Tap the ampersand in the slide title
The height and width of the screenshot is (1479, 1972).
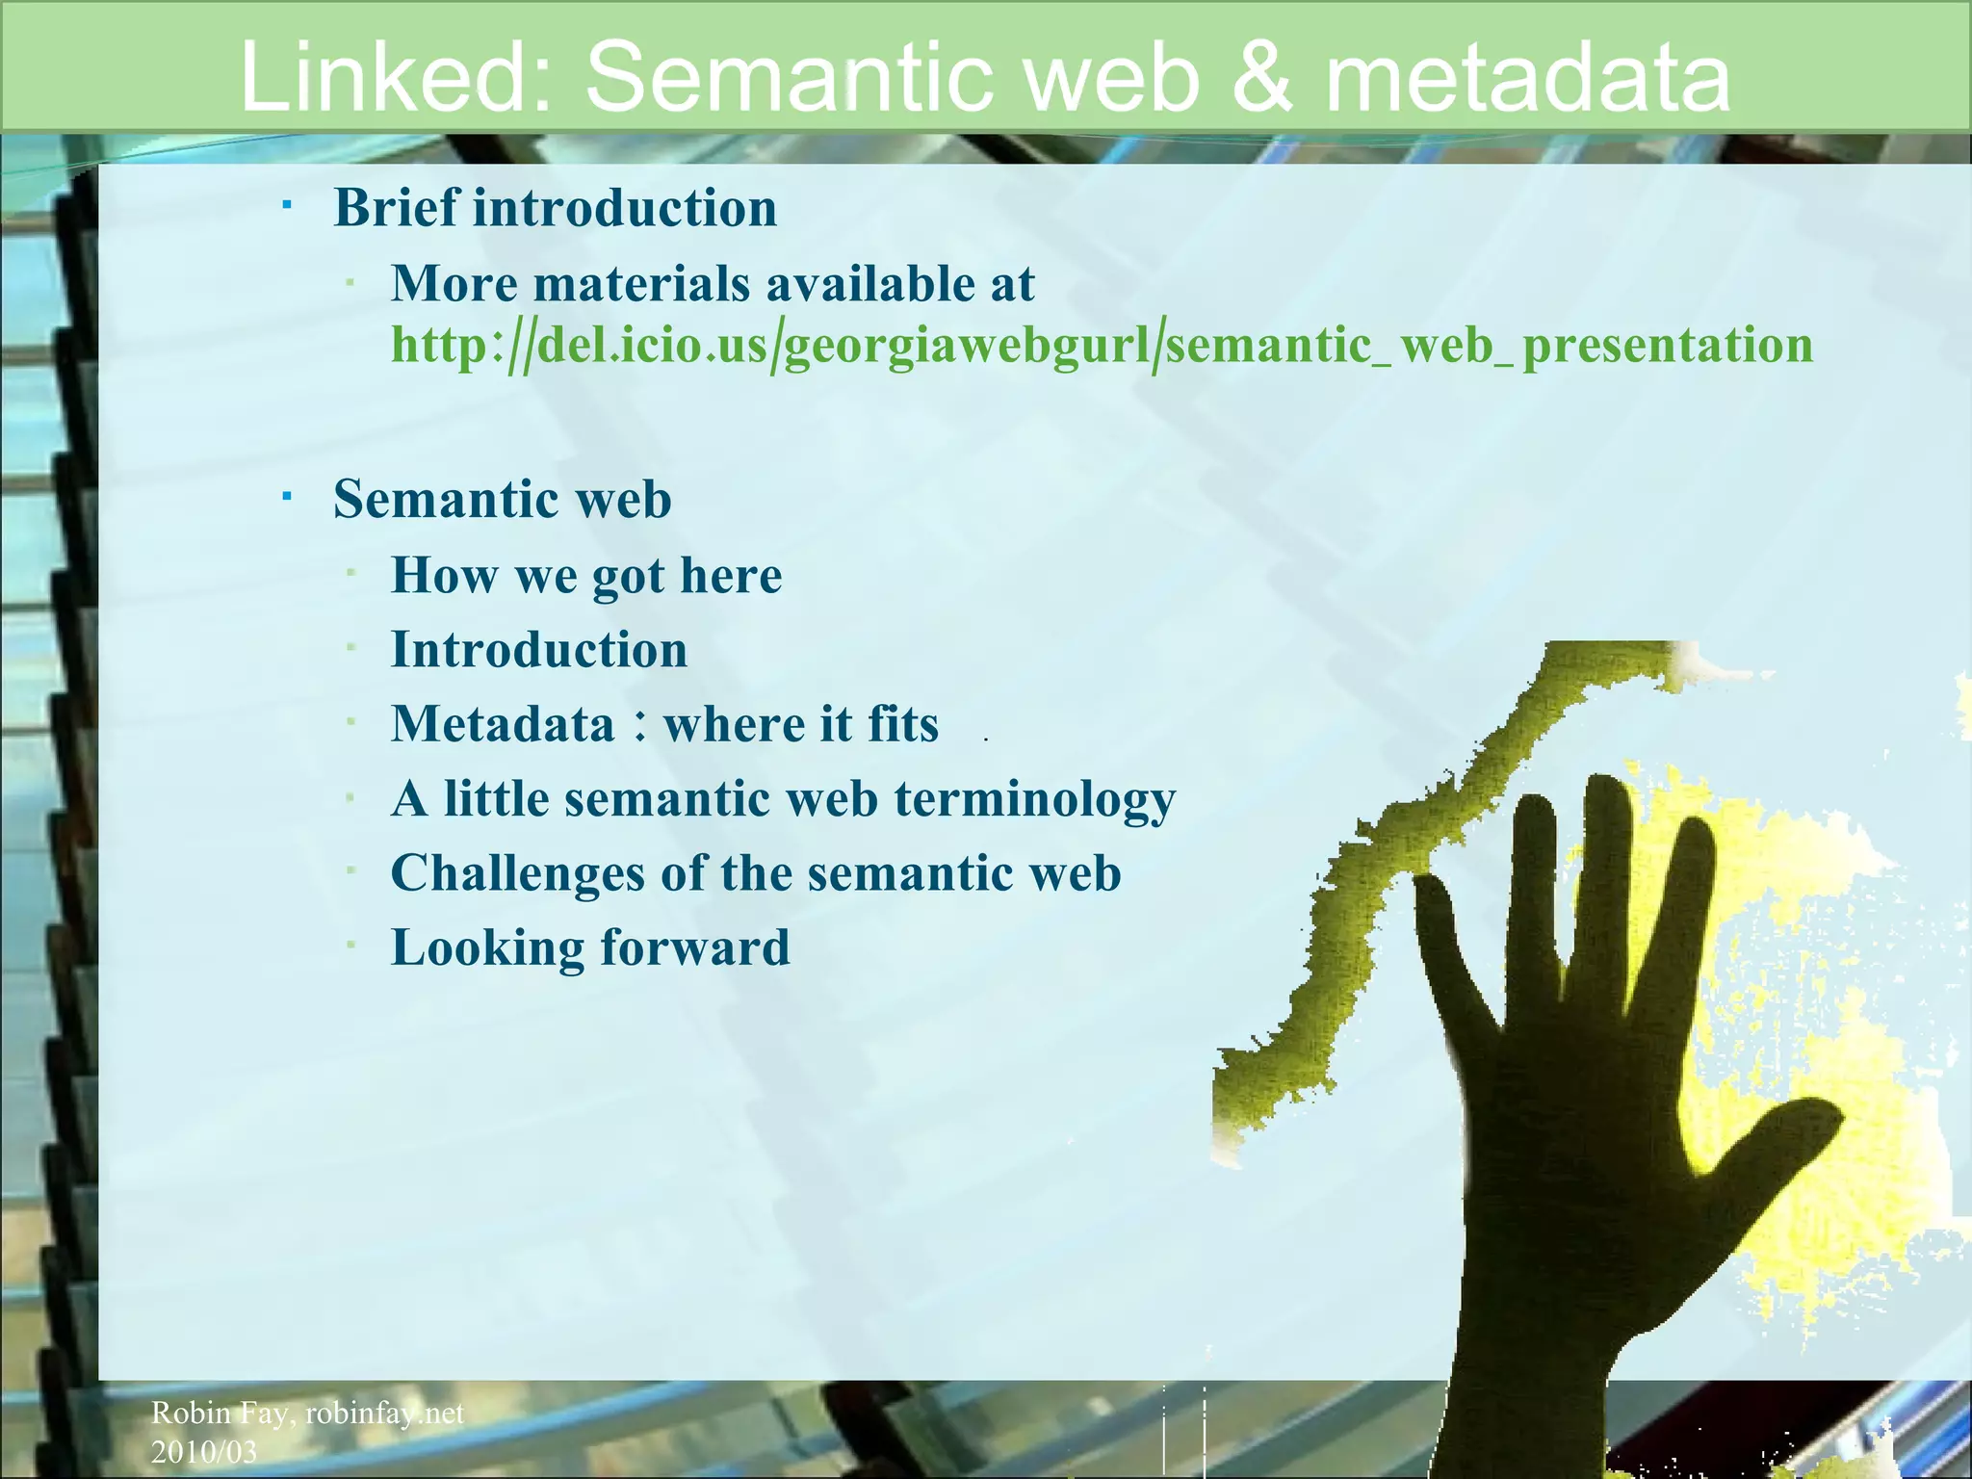pos(1260,77)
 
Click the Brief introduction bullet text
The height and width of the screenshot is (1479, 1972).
pos(555,208)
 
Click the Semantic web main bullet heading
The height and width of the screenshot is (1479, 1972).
pos(502,499)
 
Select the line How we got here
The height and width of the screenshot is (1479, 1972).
pos(585,576)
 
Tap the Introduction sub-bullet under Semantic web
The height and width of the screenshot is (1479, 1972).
pos(539,650)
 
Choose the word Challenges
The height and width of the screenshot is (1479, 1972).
pos(517,873)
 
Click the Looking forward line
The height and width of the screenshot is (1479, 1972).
pos(589,947)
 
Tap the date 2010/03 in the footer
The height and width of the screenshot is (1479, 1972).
pos(204,1451)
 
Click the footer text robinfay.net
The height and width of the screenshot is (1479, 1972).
pos(384,1413)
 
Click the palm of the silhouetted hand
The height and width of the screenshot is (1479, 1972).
pos(1598,1155)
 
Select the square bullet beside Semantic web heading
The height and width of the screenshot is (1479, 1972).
pos(287,496)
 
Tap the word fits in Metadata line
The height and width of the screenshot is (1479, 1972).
pos(902,724)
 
